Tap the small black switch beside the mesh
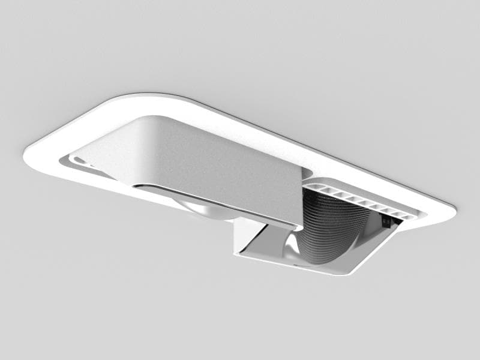point(387,222)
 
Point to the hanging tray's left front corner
point(238,252)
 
